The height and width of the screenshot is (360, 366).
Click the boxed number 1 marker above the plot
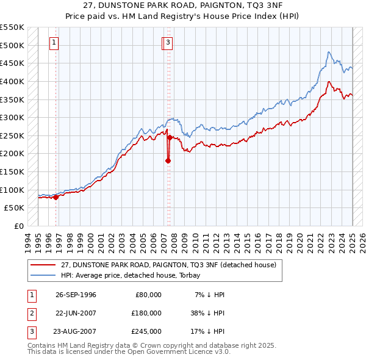55,43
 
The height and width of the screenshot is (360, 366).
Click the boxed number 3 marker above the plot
167,43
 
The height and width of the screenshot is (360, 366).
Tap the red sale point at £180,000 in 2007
168,161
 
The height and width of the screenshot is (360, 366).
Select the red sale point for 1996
56,197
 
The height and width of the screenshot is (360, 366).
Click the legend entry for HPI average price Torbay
135,275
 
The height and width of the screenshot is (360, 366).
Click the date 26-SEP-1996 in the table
76,295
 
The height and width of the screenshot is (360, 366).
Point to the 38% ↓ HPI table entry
207,313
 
